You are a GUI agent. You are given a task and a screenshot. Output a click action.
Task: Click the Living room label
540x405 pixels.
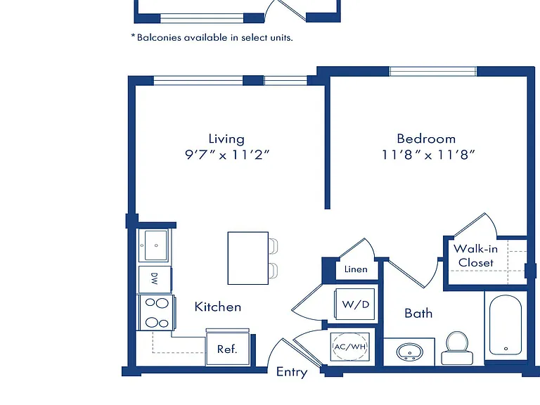click(226, 139)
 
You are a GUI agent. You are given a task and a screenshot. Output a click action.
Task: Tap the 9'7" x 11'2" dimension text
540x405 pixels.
click(227, 155)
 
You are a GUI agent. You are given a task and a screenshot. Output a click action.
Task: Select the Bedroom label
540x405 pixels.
click(426, 139)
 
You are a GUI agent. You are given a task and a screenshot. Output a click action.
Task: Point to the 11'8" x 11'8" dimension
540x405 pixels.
click(428, 155)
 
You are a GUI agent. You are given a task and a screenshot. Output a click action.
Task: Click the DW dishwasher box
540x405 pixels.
click(155, 279)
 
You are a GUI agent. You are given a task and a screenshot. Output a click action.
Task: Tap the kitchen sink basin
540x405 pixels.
click(155, 245)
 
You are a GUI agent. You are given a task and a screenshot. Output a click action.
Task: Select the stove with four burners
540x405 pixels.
click(156, 313)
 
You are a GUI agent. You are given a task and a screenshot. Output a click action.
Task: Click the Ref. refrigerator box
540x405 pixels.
click(228, 349)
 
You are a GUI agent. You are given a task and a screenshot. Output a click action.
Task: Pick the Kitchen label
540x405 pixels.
click(218, 307)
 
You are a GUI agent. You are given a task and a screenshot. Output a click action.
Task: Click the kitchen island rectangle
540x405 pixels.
click(248, 258)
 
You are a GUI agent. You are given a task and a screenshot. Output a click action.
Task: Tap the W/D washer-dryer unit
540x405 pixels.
click(355, 304)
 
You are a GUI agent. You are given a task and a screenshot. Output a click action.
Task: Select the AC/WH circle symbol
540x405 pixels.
click(350, 347)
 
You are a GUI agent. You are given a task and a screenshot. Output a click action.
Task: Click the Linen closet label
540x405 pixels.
click(356, 269)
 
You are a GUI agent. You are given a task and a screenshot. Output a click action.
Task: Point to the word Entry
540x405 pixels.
click(292, 372)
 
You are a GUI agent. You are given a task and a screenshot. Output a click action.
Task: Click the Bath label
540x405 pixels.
click(418, 314)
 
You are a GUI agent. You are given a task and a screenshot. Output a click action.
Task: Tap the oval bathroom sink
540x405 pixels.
click(410, 352)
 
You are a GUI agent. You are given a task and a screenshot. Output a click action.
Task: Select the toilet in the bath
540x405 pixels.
click(457, 348)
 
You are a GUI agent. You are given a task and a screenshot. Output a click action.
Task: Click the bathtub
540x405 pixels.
click(506, 325)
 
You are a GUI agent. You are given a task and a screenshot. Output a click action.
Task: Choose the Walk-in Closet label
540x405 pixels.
click(475, 255)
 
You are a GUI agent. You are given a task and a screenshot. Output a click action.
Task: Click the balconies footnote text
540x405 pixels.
click(212, 37)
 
